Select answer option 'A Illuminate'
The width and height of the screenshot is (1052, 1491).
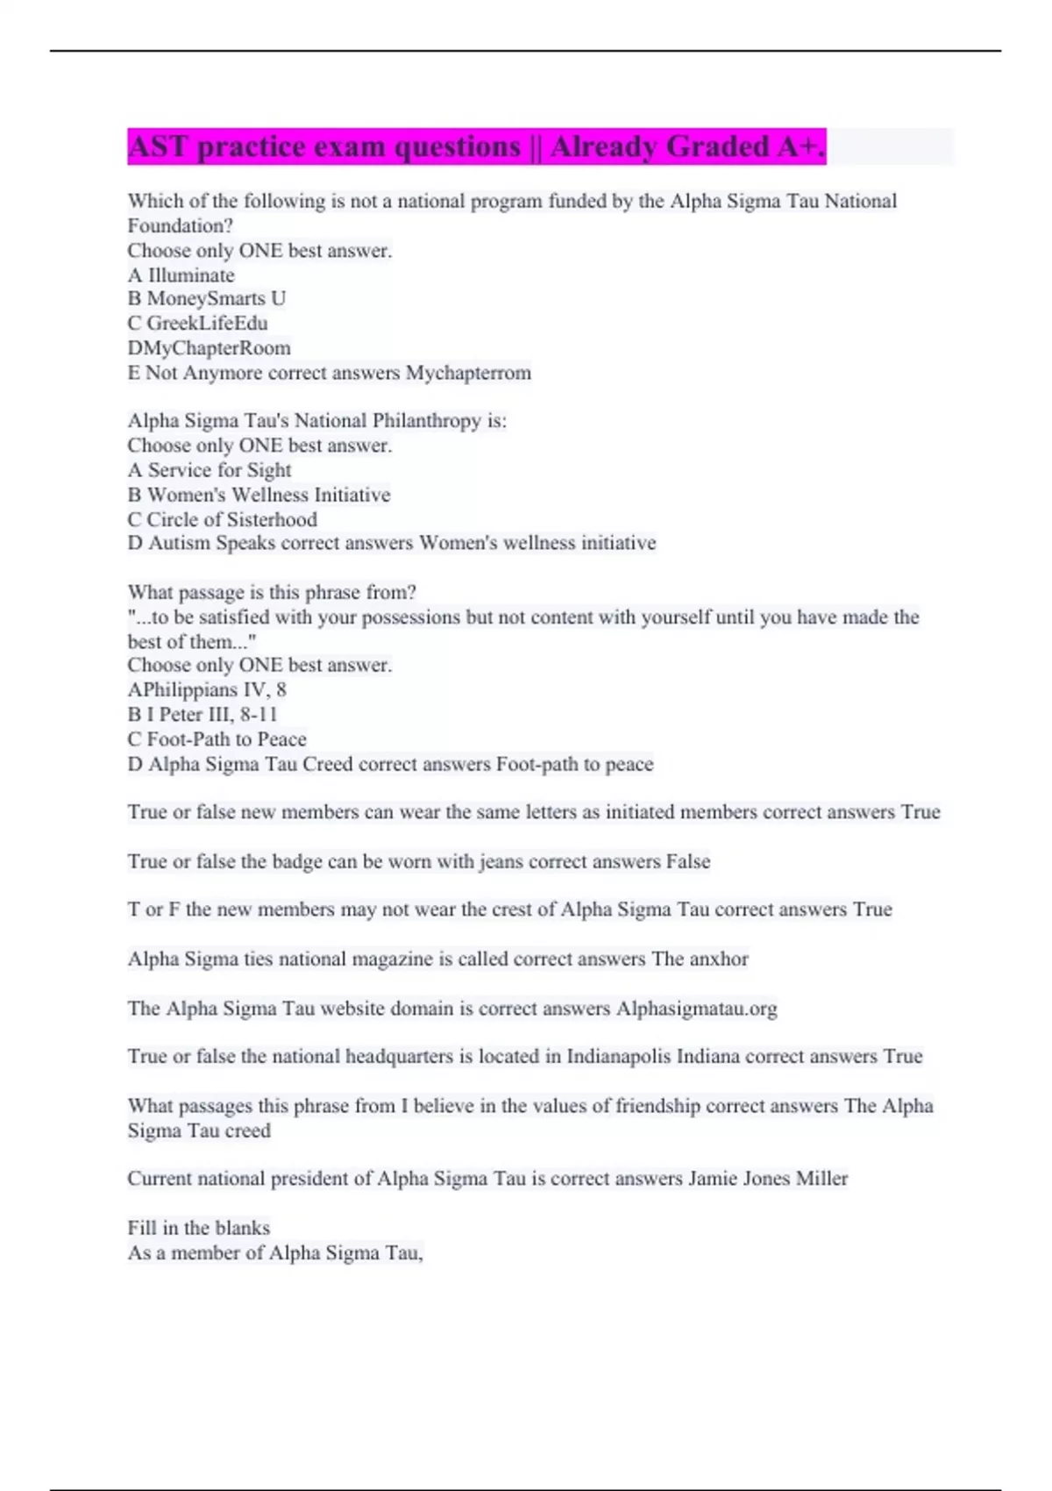pyautogui.click(x=181, y=275)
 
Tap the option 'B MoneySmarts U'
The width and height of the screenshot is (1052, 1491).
pyautogui.click(x=207, y=299)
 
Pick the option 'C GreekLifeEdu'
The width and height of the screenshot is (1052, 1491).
pyautogui.click(x=197, y=324)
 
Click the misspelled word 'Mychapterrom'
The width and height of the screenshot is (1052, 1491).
pyautogui.click(x=468, y=373)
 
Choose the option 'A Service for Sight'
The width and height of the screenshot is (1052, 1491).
pyautogui.click(x=210, y=470)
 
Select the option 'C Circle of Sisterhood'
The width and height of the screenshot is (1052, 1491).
pyautogui.click(x=223, y=519)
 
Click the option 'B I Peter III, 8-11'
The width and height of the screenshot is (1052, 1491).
pyautogui.click(x=203, y=715)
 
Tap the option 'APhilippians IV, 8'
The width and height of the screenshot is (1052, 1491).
pyautogui.click(x=207, y=690)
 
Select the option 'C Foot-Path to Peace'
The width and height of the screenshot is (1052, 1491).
pyautogui.click(x=217, y=739)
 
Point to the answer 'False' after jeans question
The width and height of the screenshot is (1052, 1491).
pyautogui.click(x=687, y=861)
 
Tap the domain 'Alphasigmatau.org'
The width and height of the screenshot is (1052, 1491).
pyautogui.click(x=696, y=1009)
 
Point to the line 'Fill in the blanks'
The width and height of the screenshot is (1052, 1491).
pyautogui.click(x=199, y=1228)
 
